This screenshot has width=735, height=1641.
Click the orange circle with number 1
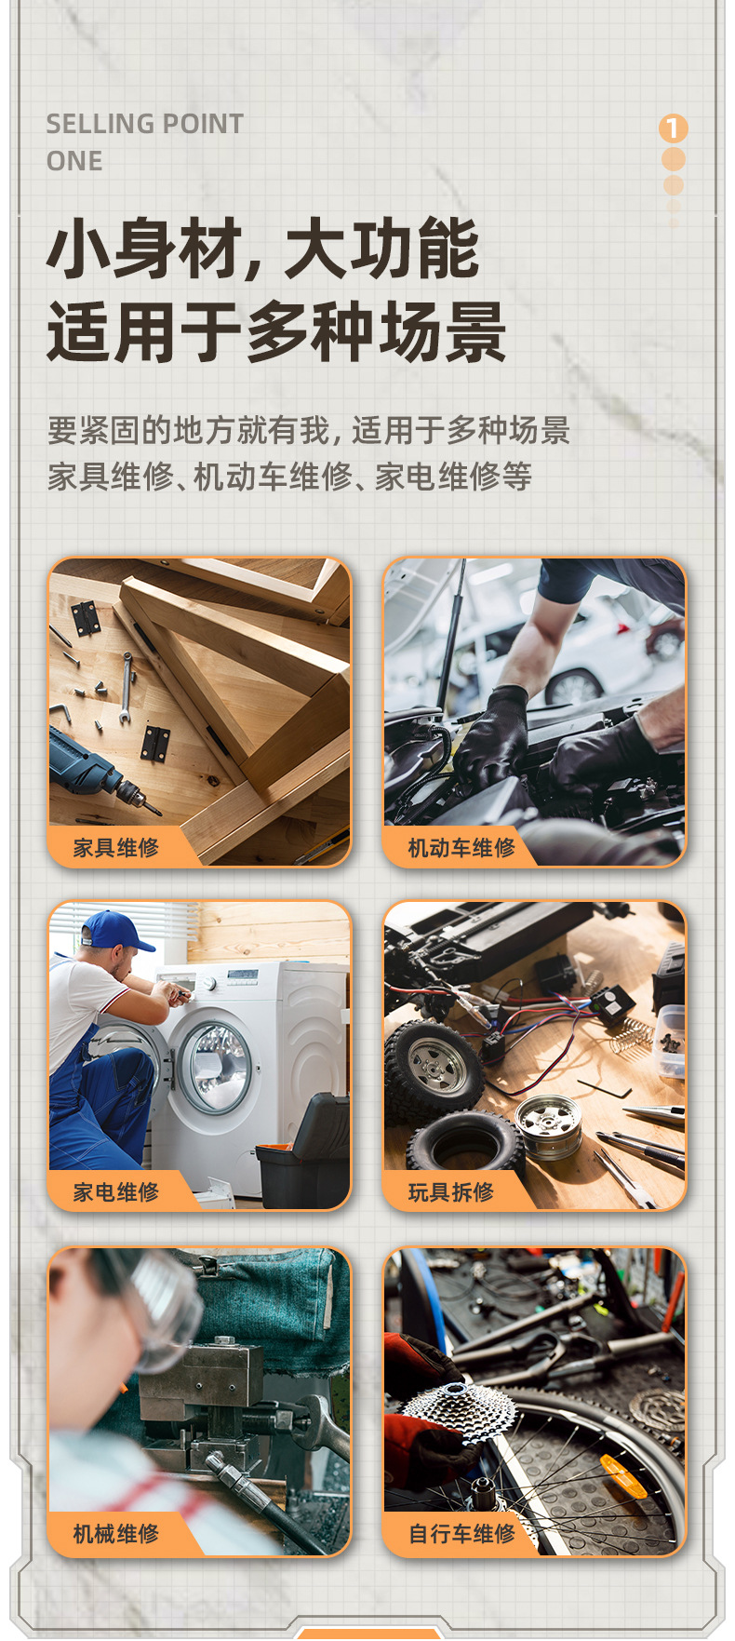tap(673, 128)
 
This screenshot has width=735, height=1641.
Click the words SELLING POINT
tap(144, 124)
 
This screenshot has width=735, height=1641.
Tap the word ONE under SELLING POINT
tap(74, 161)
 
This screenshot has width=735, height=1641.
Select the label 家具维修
tap(116, 847)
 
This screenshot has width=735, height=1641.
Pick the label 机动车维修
tap(461, 847)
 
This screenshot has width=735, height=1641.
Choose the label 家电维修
tap(116, 1191)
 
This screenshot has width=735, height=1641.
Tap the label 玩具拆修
tap(451, 1191)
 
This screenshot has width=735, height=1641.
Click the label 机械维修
tap(116, 1534)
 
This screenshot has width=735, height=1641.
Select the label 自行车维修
tap(461, 1534)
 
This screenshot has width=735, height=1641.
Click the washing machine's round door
tap(216, 1067)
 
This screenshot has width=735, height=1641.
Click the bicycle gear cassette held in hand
tap(460, 1415)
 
